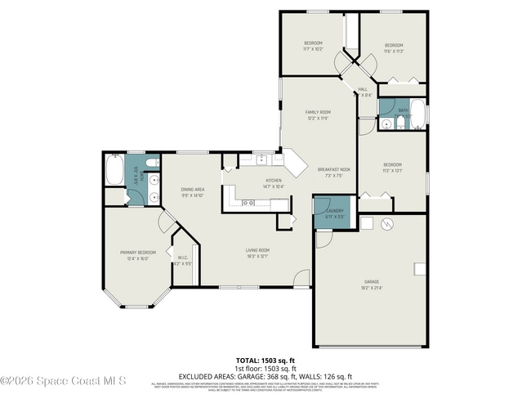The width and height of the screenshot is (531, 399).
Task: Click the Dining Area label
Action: click(192, 190)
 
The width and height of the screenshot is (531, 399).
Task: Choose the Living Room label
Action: click(257, 250)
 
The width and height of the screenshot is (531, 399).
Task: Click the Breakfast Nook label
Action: click(334, 168)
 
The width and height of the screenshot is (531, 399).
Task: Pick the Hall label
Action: click(362, 89)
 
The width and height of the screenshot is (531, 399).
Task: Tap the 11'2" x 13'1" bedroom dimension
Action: click(393, 171)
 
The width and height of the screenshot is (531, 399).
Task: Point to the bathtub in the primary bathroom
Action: click(114, 172)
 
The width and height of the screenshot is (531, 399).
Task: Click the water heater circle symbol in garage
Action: click(389, 223)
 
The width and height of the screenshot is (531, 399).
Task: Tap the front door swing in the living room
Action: click(302, 280)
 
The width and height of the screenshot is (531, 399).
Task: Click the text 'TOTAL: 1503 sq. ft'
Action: click(265, 360)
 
